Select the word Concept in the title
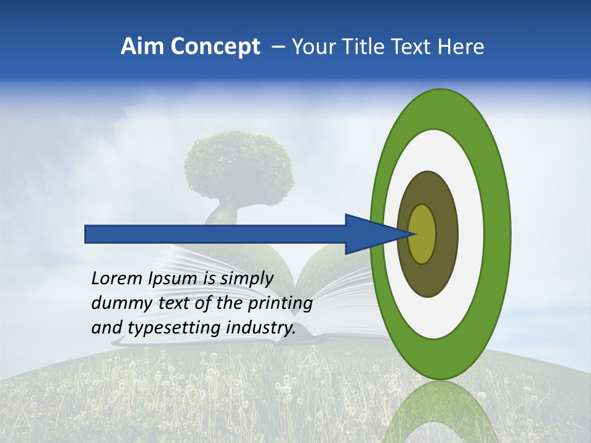click(215, 47)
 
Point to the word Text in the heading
click(414, 47)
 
